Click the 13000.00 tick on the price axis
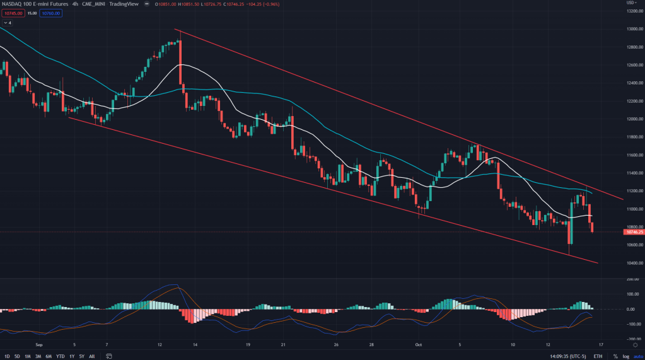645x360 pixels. point(632,29)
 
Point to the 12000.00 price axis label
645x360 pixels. point(632,119)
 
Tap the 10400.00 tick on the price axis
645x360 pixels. point(632,263)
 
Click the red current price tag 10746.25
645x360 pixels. point(632,232)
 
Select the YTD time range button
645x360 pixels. point(61,356)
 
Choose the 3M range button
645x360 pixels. point(38,356)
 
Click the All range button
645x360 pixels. point(92,356)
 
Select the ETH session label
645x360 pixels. point(598,356)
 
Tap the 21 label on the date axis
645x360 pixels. point(284,345)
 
